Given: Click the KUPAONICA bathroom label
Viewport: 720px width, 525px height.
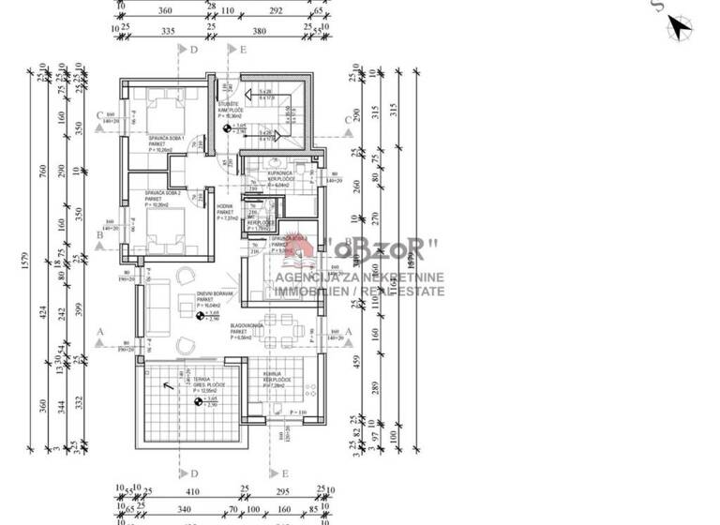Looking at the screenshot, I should [282, 174].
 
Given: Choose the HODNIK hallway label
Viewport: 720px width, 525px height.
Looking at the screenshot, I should [225, 208].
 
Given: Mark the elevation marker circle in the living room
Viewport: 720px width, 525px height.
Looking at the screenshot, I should [202, 316].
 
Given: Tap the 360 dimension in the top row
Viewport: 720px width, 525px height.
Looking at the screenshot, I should [166, 12].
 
